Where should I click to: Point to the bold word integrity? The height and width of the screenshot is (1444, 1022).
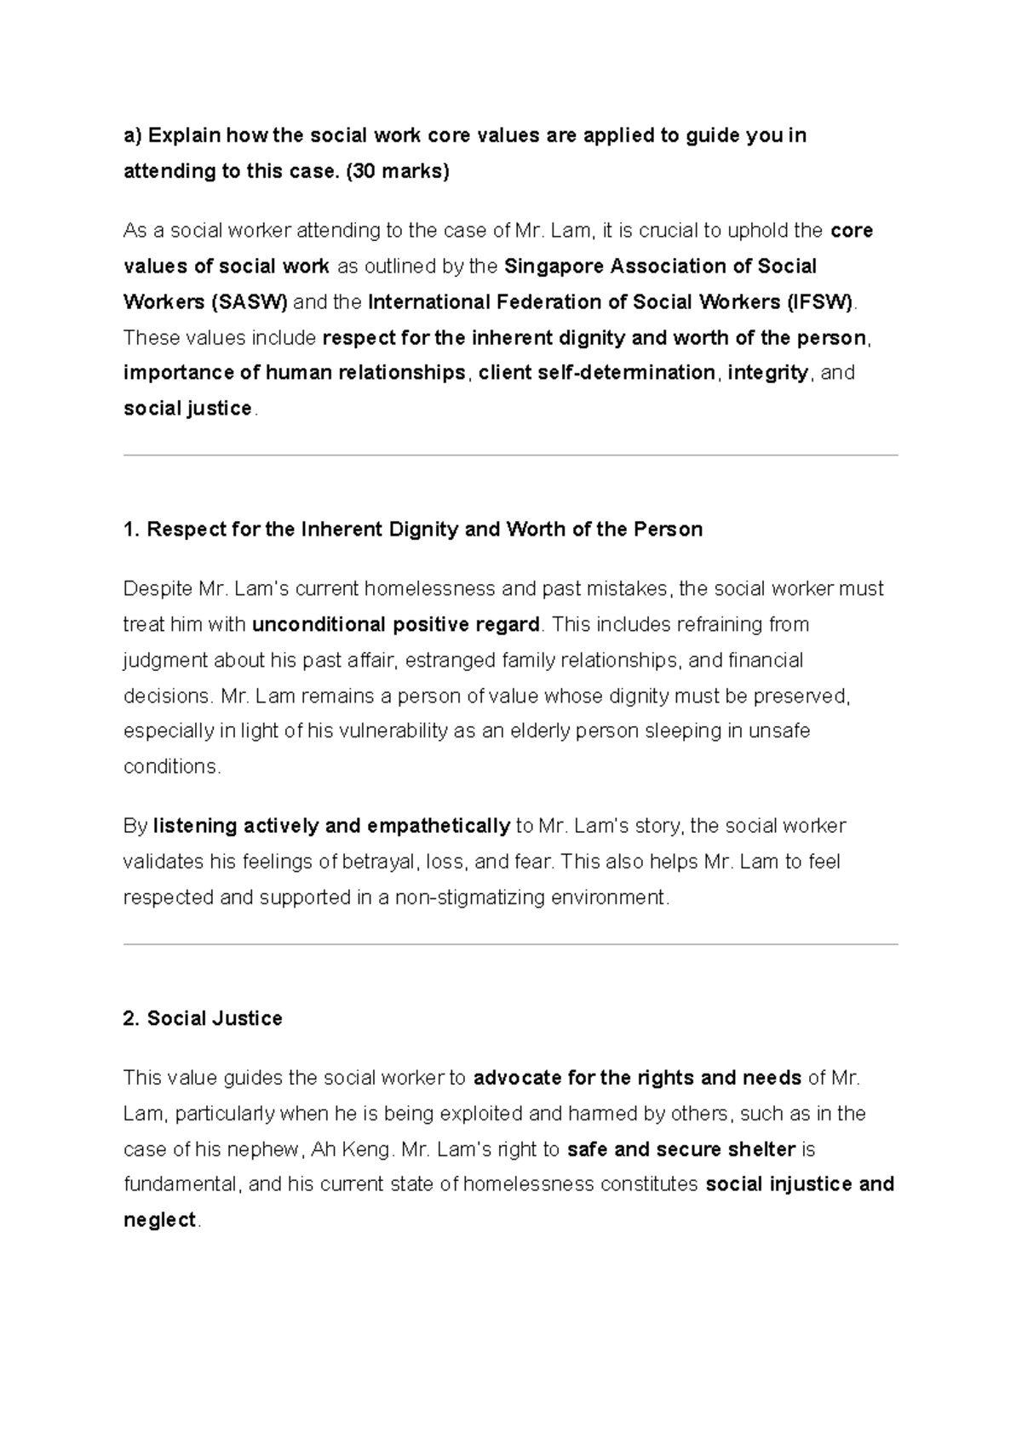point(767,373)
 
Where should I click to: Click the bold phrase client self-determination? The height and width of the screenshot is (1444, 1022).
point(596,373)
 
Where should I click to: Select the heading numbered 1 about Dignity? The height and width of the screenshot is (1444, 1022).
point(413,530)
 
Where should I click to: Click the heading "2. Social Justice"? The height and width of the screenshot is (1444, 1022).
point(203,1018)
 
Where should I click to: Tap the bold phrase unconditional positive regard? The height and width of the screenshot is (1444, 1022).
point(396,625)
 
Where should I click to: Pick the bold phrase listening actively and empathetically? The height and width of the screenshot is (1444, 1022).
point(331,826)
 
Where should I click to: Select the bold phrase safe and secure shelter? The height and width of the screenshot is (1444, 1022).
point(680,1149)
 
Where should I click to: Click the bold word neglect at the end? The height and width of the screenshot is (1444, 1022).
point(160,1220)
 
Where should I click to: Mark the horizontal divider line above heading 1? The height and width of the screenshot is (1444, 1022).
point(511,456)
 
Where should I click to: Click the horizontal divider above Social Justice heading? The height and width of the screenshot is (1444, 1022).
point(511,944)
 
